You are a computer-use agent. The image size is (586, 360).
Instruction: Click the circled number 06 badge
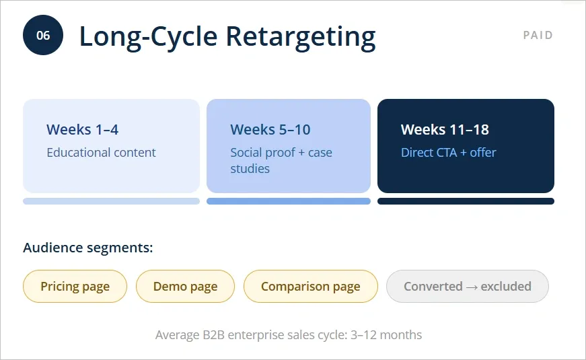43,36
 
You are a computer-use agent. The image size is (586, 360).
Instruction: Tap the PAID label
538,35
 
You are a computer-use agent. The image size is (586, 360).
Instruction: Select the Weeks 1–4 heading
82,129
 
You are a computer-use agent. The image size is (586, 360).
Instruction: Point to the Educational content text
101,153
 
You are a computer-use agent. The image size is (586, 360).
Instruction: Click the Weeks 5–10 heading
270,129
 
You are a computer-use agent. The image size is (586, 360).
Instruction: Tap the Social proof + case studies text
281,160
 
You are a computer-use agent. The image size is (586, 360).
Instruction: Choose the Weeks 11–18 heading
445,129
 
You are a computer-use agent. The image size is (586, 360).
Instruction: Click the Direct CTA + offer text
448,153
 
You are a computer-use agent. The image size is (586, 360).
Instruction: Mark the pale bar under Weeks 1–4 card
111,201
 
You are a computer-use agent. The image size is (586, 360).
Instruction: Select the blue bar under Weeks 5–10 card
288,201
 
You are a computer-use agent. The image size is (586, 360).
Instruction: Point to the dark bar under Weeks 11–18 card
466,201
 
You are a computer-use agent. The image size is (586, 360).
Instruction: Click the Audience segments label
88,248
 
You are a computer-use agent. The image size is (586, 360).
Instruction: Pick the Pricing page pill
75,287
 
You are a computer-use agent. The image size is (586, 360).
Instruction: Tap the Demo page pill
185,287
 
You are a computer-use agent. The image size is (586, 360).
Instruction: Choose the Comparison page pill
310,287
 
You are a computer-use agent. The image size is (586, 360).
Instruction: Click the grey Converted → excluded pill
467,287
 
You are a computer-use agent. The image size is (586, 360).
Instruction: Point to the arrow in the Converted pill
472,287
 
